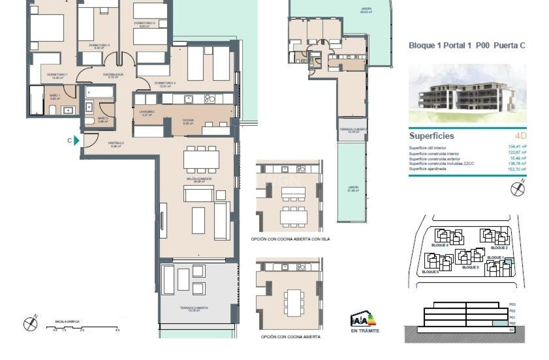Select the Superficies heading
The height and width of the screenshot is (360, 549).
pyautogui.click(x=431, y=136)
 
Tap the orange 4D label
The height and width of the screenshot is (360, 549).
pyautogui.click(x=520, y=136)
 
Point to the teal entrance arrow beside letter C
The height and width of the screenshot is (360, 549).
pyautogui.click(x=76, y=141)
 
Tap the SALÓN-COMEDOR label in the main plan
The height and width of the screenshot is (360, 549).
pyautogui.click(x=200, y=179)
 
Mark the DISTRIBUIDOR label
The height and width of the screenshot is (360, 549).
pyautogui.click(x=113, y=75)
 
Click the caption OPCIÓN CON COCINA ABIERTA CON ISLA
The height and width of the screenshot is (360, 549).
pyautogui.click(x=290, y=239)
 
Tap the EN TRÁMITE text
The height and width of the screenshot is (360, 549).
pyautogui.click(x=365, y=331)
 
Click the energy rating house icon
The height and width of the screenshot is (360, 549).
pyautogui.click(x=363, y=319)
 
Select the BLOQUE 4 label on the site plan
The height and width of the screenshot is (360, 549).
pyautogui.click(x=440, y=245)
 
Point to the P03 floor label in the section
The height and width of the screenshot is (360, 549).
pyautogui.click(x=512, y=305)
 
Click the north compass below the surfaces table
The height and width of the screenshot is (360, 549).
pyautogui.click(x=518, y=188)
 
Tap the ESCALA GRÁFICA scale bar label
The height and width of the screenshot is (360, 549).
pyautogui.click(x=67, y=322)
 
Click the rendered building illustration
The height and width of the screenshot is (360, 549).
pyautogui.click(x=467, y=93)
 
